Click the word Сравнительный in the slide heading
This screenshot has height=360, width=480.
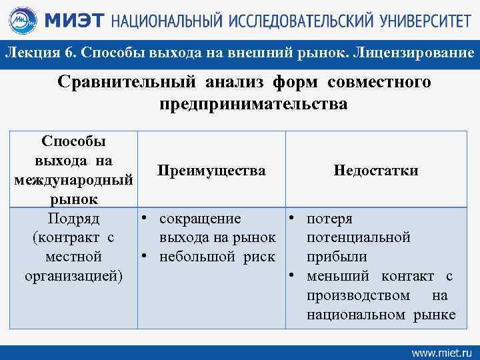pos(121,82)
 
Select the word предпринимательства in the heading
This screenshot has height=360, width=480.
pos(253,105)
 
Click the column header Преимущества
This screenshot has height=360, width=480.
pos(211,171)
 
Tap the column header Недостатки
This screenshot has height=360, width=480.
pos(376,171)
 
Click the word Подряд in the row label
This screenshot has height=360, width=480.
pos(73,219)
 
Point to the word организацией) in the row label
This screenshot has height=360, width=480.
pos(73,275)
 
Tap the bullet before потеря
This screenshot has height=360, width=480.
pos(291,219)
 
